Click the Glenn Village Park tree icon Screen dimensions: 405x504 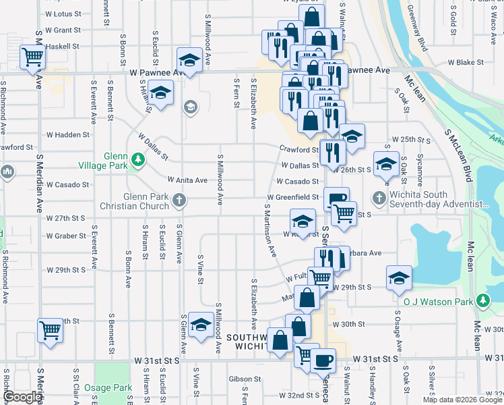pos(138,160)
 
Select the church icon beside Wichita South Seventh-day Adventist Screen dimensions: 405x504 pos(379,198)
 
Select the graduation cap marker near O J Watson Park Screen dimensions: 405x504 pos(399,277)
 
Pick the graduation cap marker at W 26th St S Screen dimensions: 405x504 pos(386,164)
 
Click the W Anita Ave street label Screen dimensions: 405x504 pos(188,180)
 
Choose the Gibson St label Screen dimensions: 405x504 pos(244,379)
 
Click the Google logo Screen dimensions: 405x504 pos(23,397)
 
